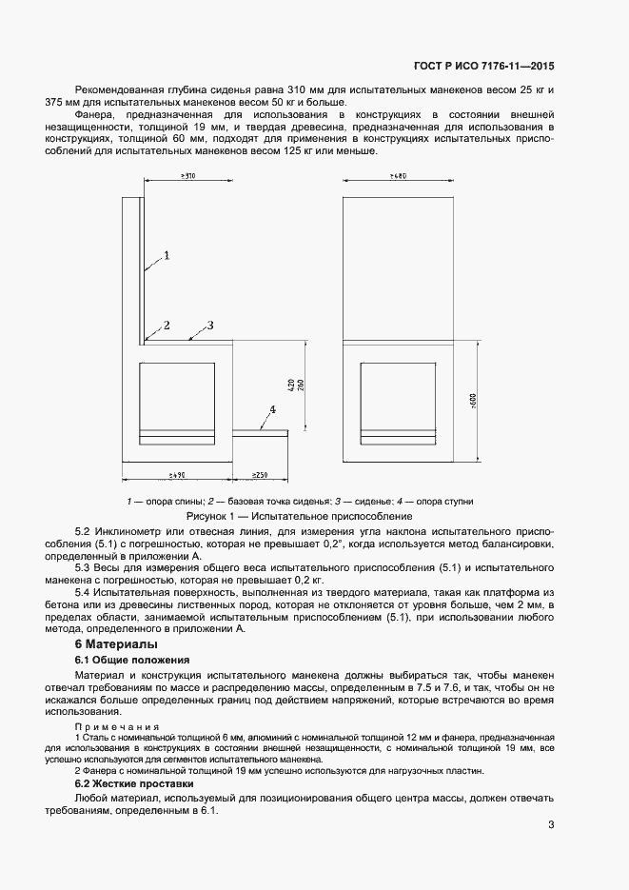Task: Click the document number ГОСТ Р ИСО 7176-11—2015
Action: click(x=483, y=67)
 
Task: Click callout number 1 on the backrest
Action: click(x=166, y=255)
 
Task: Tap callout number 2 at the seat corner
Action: click(x=166, y=326)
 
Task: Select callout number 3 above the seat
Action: click(x=209, y=326)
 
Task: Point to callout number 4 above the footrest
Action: click(x=272, y=409)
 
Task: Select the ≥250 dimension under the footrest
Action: click(x=259, y=474)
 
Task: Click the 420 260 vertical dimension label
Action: click(x=296, y=386)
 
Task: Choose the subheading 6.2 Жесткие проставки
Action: click(x=140, y=783)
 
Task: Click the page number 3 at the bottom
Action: click(x=551, y=825)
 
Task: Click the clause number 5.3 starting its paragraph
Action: click(x=84, y=567)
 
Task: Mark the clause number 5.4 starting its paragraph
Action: click(x=84, y=592)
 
